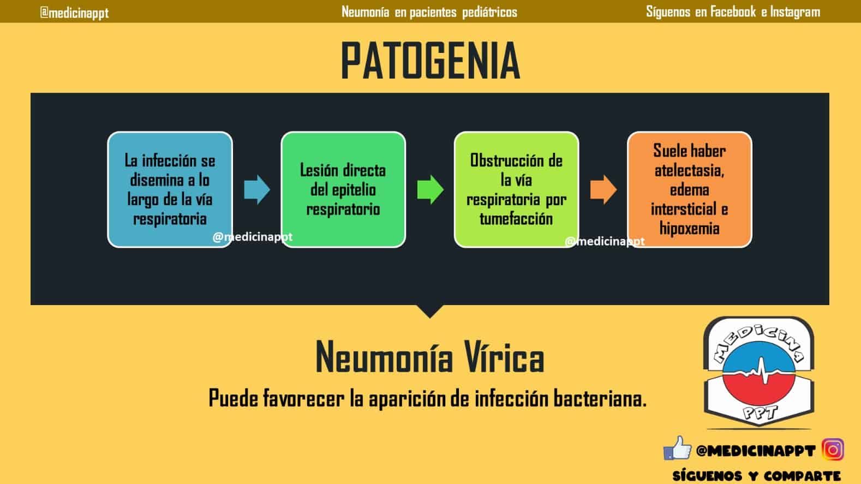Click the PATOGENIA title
[x=430, y=61]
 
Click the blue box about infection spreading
[x=170, y=189]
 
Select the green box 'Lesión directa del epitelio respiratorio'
[x=343, y=189]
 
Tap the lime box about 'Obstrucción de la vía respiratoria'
[x=516, y=189]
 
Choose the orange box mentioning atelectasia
[x=690, y=189]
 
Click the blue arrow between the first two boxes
[x=257, y=189]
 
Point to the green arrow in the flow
[x=430, y=189]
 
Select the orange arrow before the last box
[x=603, y=189]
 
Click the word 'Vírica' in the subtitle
[x=504, y=357]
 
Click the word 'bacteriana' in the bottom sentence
[x=600, y=398]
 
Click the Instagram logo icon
[x=833, y=449]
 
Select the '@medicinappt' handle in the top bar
[x=75, y=13]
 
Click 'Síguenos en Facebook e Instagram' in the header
[x=733, y=12]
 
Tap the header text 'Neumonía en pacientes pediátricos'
[x=429, y=12]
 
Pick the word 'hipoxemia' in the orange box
[x=690, y=228]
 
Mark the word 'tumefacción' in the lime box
[x=516, y=219]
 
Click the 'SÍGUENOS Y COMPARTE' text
[x=756, y=476]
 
